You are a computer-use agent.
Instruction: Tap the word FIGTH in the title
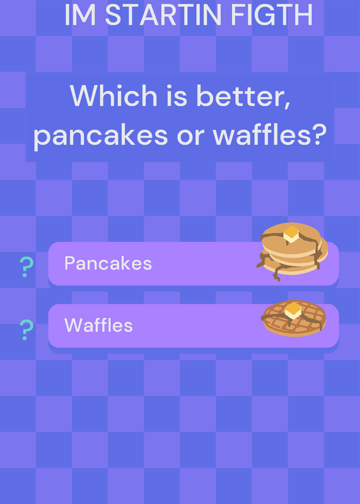click(272, 14)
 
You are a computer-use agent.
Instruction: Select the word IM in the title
click(81, 14)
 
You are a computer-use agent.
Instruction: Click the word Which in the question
click(113, 96)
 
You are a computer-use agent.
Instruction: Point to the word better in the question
click(243, 96)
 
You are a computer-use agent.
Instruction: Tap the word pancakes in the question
click(100, 135)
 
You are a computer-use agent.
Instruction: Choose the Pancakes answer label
click(108, 263)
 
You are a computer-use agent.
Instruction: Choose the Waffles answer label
click(98, 325)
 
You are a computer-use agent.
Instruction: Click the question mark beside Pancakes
click(26, 266)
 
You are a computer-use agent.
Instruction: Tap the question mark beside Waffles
click(26, 329)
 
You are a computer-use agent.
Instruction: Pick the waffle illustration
click(294, 318)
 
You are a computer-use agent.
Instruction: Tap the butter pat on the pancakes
click(291, 234)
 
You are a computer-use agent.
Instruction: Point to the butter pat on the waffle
click(293, 311)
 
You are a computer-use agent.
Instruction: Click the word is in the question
click(177, 96)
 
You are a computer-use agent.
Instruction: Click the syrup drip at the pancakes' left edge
click(263, 260)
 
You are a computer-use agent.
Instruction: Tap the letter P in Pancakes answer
click(69, 263)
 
